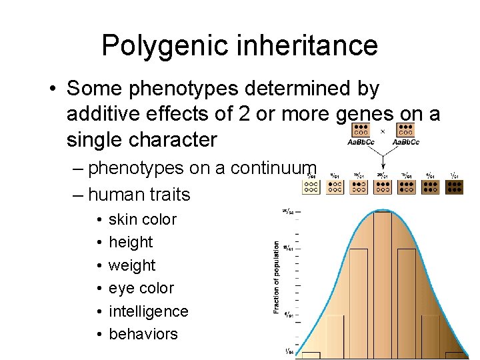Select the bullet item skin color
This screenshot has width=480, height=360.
pyautogui.click(x=142, y=219)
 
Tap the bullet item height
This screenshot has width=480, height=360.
pyautogui.click(x=131, y=242)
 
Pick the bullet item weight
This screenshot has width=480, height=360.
pyautogui.click(x=131, y=265)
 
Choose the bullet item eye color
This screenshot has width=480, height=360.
pyautogui.click(x=141, y=288)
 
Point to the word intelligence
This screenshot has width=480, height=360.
pyautogui.click(x=148, y=311)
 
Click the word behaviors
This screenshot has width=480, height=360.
pyautogui.click(x=143, y=334)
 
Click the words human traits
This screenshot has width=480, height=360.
pyautogui.click(x=139, y=195)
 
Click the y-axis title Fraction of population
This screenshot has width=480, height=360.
pyautogui.click(x=276, y=277)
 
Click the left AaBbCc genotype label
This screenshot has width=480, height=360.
pyautogui.click(x=361, y=142)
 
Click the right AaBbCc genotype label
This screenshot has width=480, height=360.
pyautogui.click(x=405, y=142)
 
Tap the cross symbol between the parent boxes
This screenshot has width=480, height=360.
pyautogui.click(x=383, y=131)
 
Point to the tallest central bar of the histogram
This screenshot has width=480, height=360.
pyautogui.click(x=382, y=283)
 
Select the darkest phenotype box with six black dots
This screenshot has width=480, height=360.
pyautogui.click(x=455, y=186)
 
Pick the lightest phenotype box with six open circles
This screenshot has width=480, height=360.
pyautogui.click(x=311, y=187)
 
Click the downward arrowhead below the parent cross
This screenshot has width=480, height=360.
pyautogui.click(x=383, y=169)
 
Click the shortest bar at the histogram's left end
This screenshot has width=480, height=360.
pyautogui.click(x=311, y=355)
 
